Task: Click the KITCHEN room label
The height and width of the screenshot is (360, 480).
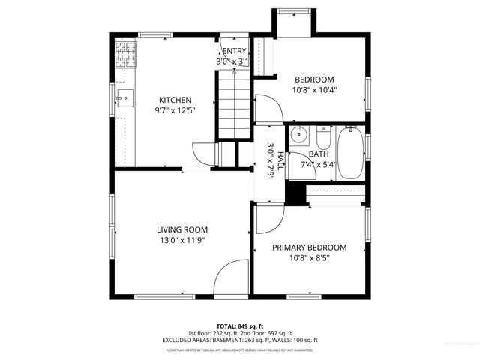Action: pos(175,100)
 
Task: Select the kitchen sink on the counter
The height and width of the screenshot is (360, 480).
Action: pos(124,97)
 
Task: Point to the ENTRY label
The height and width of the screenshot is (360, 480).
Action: pos(233,51)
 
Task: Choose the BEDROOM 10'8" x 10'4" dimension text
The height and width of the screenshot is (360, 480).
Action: pos(314,89)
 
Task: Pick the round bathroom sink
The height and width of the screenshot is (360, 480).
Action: pos(299,136)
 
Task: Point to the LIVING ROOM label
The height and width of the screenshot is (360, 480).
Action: pos(182,229)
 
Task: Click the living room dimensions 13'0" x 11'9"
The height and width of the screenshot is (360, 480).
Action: pos(182,240)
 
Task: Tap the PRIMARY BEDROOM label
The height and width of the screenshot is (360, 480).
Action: pos(309,247)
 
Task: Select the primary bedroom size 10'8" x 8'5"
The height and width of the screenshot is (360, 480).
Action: pos(309,258)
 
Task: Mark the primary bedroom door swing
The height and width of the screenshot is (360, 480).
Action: pos(268,220)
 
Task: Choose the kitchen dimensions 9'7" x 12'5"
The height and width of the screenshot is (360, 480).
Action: pos(175,110)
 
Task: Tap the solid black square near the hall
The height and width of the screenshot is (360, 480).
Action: pos(298,193)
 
